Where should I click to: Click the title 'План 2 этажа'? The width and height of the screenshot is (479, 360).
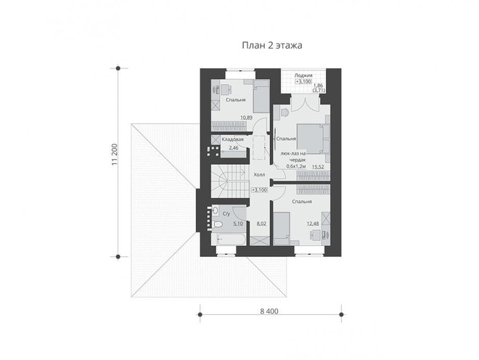click(x=272, y=45)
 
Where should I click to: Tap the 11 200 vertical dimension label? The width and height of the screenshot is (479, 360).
click(x=114, y=155)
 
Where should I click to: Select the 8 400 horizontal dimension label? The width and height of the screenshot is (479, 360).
click(x=269, y=311)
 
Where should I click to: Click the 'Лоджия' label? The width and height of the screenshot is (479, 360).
click(x=303, y=75)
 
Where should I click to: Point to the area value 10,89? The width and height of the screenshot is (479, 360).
click(x=246, y=118)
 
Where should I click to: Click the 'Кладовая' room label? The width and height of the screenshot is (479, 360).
click(x=232, y=139)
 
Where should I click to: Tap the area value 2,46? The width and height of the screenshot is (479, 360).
click(x=234, y=148)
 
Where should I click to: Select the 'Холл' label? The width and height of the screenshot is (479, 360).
click(x=259, y=175)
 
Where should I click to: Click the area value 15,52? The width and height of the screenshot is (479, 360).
click(x=318, y=167)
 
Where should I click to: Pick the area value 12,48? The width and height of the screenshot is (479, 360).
click(x=313, y=224)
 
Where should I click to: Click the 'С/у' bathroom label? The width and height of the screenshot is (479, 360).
click(x=226, y=214)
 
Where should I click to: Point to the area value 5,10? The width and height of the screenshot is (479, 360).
click(x=238, y=224)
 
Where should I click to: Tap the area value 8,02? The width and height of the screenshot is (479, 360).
click(x=261, y=224)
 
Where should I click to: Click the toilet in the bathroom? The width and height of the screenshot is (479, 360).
click(x=217, y=224)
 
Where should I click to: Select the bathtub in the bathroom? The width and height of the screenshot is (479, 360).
click(x=229, y=239)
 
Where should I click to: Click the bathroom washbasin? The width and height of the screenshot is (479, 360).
click(x=215, y=210)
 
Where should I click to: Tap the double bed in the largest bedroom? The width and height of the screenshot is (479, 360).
click(x=310, y=139)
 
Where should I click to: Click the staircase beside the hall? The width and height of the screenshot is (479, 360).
click(x=230, y=181)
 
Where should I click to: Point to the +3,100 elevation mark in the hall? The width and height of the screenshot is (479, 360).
click(x=259, y=189)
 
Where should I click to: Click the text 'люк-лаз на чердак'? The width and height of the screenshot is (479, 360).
click(x=293, y=157)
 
